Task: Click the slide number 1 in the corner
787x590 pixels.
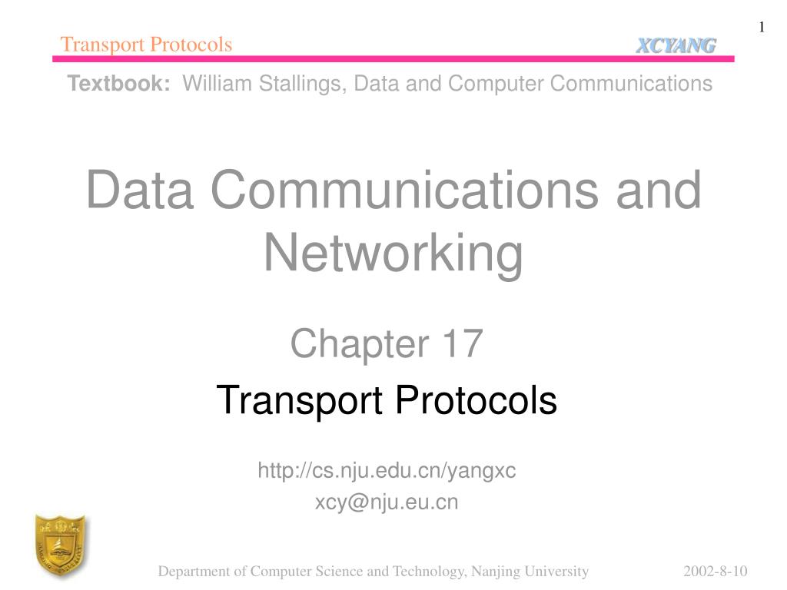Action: [762, 28]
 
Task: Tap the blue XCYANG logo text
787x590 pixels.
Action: [676, 46]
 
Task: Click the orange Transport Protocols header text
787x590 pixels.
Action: [146, 45]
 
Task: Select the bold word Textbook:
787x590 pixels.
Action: [119, 83]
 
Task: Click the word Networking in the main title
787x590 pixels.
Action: [393, 254]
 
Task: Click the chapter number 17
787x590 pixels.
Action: [461, 343]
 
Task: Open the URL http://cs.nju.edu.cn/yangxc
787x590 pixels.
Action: [387, 471]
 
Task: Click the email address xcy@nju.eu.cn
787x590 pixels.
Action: [387, 502]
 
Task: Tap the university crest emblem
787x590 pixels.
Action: [59, 546]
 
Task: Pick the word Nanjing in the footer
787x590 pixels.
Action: [494, 571]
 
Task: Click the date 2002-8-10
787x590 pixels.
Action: [716, 571]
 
